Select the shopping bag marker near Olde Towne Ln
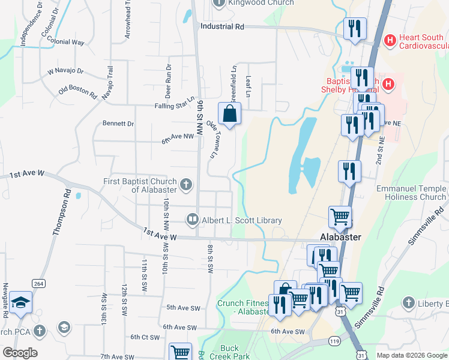tap(230, 113)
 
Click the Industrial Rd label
tap(222, 26)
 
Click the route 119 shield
tap(334, 341)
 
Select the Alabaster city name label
tap(340, 237)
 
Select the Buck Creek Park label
tap(221, 352)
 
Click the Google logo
tap(20, 353)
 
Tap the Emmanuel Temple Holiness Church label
tap(411, 193)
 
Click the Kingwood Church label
tap(260, 3)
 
